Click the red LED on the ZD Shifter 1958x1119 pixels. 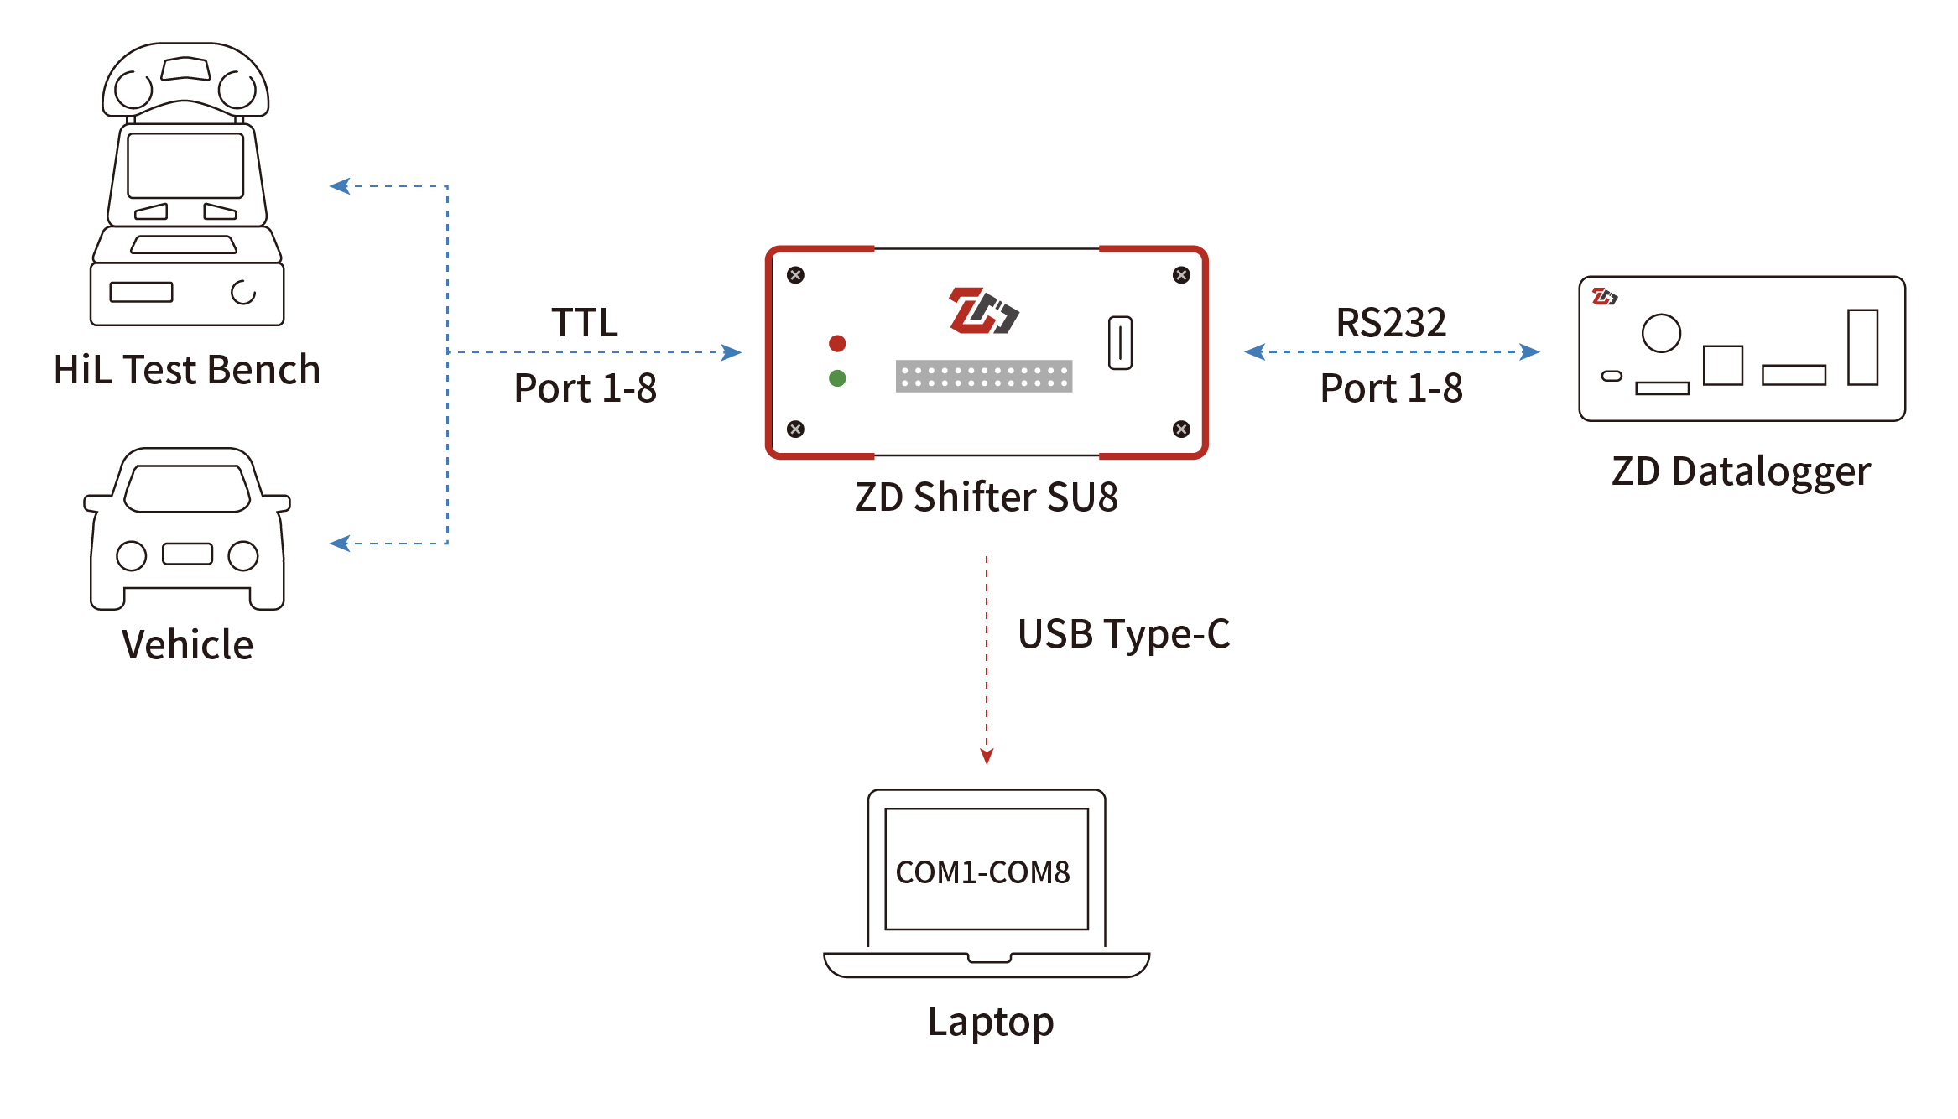tap(837, 343)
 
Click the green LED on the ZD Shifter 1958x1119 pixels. tap(837, 378)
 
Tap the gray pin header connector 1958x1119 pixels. tap(984, 376)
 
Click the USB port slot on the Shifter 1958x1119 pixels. tap(1121, 342)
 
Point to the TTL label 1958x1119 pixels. tap(585, 322)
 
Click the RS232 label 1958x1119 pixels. tap(1391, 322)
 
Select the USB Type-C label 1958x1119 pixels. tap(1123, 634)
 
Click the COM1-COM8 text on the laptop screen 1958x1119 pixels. tap(983, 872)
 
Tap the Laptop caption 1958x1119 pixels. tap(991, 1023)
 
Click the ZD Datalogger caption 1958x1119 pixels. tap(1741, 472)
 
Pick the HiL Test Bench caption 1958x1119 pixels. tap(187, 369)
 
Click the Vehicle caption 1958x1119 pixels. tap(188, 644)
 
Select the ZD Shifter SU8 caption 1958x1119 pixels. tap(987, 497)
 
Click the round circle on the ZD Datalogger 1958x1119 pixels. tap(1661, 333)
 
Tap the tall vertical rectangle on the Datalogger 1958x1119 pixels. tap(1863, 347)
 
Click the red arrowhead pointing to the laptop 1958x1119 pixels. tap(987, 757)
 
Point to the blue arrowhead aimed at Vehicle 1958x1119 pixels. tap(340, 544)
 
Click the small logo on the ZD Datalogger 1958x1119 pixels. tap(1604, 296)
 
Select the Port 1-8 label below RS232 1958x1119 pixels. tap(1391, 388)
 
